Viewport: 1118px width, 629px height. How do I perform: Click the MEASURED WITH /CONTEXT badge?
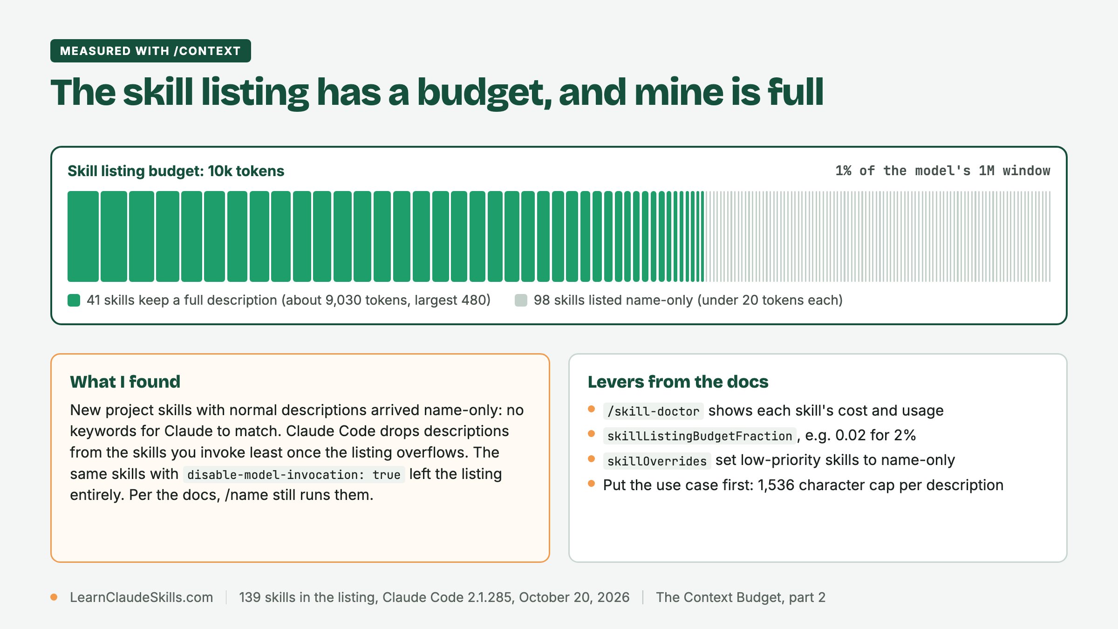tap(150, 51)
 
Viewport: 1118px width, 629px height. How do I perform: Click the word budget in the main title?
tap(484, 93)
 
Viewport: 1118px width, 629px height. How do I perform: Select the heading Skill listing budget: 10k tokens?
tap(176, 171)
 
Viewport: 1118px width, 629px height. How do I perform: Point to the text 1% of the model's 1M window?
tap(942, 171)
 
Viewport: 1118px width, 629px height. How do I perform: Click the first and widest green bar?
tap(83, 236)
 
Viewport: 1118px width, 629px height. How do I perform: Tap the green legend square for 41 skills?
tap(74, 300)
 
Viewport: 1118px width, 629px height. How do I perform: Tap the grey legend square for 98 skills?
tap(521, 300)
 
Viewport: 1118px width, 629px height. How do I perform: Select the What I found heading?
tap(125, 382)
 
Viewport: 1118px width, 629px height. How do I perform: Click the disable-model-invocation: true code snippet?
tap(294, 474)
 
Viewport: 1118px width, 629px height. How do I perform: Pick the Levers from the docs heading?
tap(678, 382)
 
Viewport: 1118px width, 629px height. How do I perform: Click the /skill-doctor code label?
tap(653, 411)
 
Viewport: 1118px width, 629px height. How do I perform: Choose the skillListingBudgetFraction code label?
tap(700, 436)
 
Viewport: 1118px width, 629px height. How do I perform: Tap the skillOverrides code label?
tap(657, 461)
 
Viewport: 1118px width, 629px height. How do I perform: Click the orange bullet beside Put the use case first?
tap(592, 484)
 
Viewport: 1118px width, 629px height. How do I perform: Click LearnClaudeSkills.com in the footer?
tap(141, 597)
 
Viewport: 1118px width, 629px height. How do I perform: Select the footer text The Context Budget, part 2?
tap(741, 597)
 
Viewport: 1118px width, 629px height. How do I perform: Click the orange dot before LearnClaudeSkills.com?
tap(54, 597)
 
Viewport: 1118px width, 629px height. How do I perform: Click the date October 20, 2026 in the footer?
tap(574, 597)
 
